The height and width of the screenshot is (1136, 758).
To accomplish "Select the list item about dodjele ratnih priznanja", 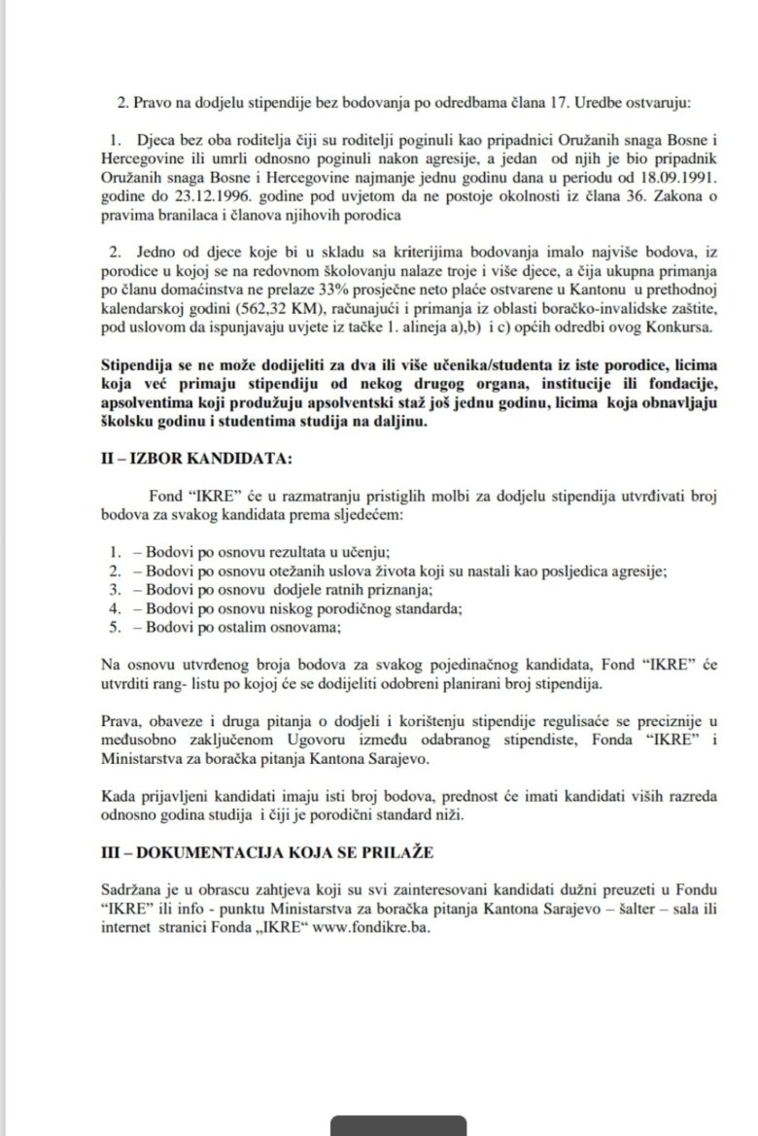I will (x=267, y=591).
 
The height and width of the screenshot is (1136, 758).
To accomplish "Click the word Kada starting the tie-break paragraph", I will (x=120, y=795).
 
